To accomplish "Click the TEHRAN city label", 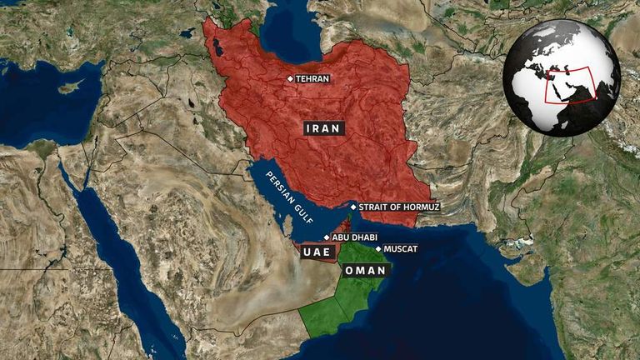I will pos(313,79).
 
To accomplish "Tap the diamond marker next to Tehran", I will pos(290,79).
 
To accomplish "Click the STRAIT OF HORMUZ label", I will pos(398,207).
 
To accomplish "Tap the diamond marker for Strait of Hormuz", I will pos(353,207).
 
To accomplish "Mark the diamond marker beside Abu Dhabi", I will pos(327,237).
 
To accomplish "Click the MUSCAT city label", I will pos(401,248).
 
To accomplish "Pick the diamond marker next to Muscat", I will pos(378,248).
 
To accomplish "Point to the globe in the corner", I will pos(561,76).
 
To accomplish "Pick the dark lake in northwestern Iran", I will pos(217,49).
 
